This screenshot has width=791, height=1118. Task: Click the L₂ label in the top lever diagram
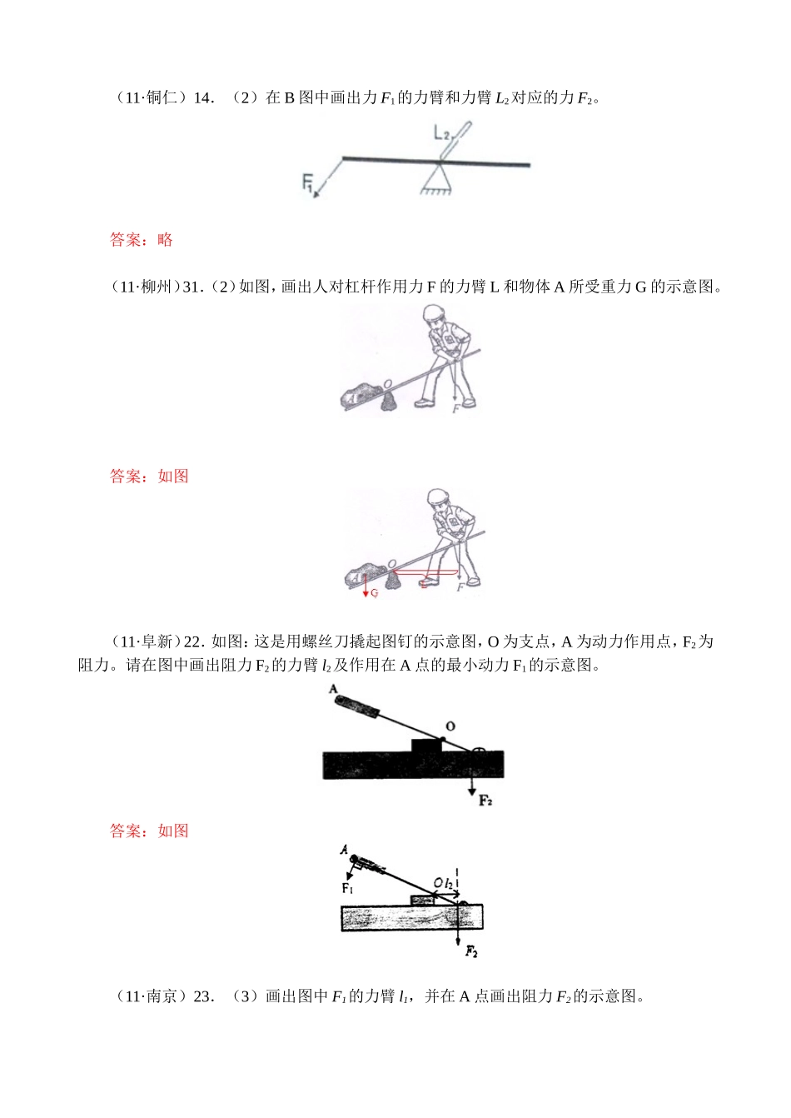pos(441,132)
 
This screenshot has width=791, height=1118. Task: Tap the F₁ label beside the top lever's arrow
pos(307,182)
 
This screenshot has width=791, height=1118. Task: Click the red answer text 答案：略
pos(141,240)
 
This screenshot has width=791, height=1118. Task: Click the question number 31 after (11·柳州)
pos(191,287)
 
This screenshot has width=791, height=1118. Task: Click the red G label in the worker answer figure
pos(375,593)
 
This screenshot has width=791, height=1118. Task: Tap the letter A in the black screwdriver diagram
pos(333,690)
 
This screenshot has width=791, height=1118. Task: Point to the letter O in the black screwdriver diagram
pos(450,726)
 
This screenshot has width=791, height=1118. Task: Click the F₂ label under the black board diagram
pos(485,801)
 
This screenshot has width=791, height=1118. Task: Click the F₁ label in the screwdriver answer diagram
pos(347,889)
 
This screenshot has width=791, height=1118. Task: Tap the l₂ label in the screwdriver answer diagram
pos(448,882)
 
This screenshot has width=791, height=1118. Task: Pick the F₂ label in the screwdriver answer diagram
pos(471,951)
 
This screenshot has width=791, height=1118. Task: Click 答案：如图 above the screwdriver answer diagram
pos(149,831)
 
